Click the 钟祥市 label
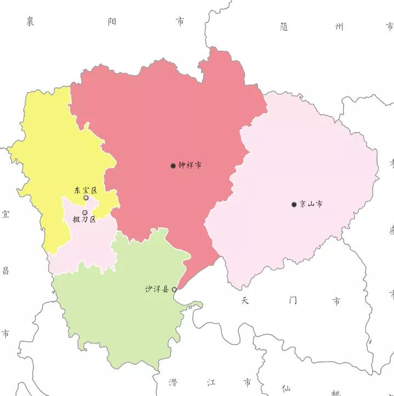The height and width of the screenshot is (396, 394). click(190, 165)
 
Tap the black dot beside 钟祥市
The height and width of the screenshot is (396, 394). click(173, 165)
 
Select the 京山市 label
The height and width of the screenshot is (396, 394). click(311, 204)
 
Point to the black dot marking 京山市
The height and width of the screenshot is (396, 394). click(294, 205)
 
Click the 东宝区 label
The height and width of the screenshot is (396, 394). click(85, 191)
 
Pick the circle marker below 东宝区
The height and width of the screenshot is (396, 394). click(86, 198)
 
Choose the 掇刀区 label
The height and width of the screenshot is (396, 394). click(84, 220)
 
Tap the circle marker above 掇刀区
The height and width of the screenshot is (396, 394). click(85, 213)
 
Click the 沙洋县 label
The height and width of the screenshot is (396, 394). click(157, 289)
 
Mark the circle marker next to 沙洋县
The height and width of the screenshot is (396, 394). click(174, 289)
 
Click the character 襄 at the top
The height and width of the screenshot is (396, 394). click(31, 21)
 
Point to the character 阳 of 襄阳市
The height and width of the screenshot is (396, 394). click(112, 21)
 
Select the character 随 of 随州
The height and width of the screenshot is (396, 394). click(284, 26)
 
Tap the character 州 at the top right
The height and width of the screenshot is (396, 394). click(340, 26)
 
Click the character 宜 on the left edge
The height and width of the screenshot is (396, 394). click(5, 214)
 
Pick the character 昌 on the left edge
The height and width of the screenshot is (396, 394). click(5, 270)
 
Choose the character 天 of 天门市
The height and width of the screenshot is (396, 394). click(245, 301)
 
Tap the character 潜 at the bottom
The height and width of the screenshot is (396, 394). click(173, 382)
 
